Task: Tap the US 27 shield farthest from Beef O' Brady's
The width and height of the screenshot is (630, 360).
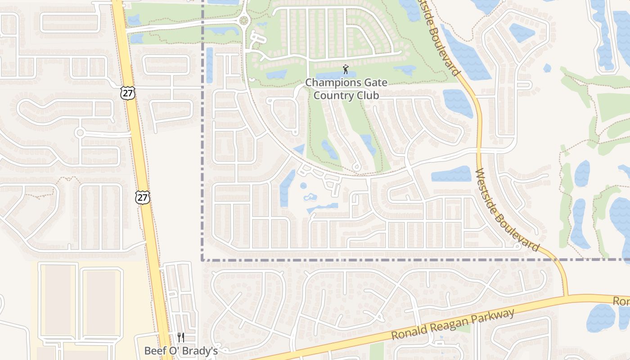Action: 128,93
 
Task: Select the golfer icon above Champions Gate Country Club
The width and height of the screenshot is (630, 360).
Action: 345,69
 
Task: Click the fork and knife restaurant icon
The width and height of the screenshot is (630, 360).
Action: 180,337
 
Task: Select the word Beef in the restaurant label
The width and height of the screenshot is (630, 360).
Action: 154,351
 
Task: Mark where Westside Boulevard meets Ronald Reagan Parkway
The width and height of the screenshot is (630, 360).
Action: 567,296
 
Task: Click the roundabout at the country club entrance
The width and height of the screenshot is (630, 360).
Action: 244,20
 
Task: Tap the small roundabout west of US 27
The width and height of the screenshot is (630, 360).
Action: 80,133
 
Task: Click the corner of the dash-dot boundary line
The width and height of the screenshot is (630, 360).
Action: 202,260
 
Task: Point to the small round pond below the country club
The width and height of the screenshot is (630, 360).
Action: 303,185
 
